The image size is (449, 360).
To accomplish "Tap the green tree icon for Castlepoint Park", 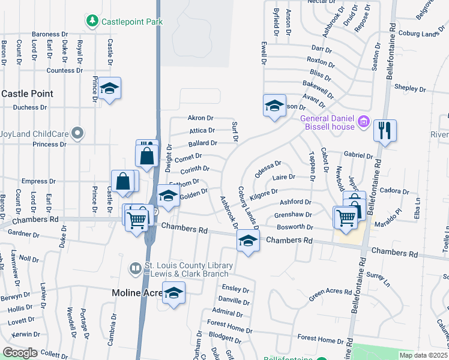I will pos(92,22).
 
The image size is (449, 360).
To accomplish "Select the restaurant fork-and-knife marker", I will pos(385,130).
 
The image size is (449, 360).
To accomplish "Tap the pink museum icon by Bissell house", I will pos(363,122).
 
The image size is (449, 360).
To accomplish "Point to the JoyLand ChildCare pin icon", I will pos(77,132).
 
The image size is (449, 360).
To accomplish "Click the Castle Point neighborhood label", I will pos(28,94).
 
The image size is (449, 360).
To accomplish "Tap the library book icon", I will pos(136,268).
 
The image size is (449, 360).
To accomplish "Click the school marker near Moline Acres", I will pos(174,293).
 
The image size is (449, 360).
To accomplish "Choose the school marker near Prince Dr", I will pos(109,88).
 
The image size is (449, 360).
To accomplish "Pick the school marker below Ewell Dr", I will pos(274,106).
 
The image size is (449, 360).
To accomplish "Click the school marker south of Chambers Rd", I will pos(247,241).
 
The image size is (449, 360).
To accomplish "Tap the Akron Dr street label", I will pos(200,118).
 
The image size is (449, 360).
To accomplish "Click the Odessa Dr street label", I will pos(268,164).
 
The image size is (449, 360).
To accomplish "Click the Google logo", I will pos(20,353).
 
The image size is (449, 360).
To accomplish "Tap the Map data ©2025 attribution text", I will pos(424,355).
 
